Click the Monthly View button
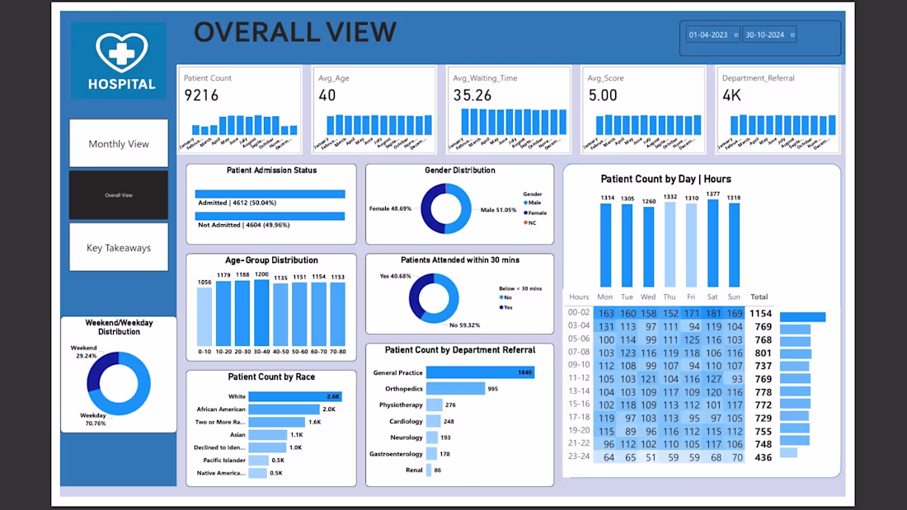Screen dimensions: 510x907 tap(119, 143)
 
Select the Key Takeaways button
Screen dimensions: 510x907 tap(119, 248)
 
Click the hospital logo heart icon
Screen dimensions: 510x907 tap(121, 52)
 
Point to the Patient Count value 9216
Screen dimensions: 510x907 tap(201, 96)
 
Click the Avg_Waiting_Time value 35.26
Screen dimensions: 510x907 tap(472, 96)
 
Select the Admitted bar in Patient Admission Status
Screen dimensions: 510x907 tap(270, 194)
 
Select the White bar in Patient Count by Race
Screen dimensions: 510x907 tap(295, 396)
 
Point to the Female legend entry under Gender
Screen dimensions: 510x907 tap(537, 213)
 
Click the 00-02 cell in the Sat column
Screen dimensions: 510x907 tap(714, 313)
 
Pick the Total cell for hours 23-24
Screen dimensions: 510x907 tap(759, 457)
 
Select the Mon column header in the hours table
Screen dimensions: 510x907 tap(606, 297)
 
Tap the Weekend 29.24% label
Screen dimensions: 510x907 tap(85, 352)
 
